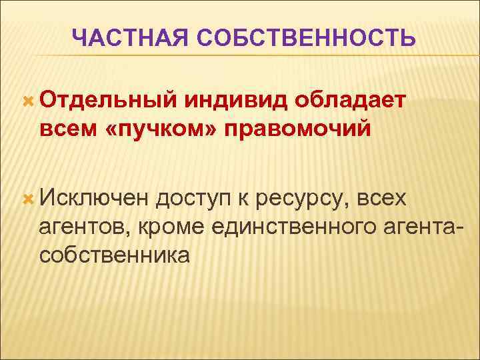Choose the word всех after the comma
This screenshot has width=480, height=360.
point(385,197)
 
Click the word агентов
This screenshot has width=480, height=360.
point(85,226)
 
